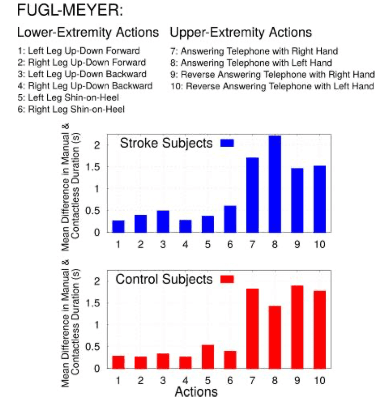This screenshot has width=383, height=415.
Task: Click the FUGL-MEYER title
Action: point(70,11)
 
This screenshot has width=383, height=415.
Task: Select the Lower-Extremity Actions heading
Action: point(88,32)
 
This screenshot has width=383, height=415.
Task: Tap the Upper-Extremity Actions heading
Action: point(241,32)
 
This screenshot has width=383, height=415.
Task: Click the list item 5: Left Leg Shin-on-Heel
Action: point(68,98)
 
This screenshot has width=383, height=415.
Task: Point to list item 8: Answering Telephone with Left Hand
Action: point(251,63)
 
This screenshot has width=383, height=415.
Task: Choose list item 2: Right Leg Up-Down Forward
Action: point(82,62)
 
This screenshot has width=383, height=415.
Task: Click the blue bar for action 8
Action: point(275,184)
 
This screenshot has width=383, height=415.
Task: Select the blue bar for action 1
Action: point(118,227)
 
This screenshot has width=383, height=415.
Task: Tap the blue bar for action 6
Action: point(230,219)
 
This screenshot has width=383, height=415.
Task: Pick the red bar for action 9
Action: point(297,327)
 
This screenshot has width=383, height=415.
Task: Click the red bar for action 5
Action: point(208,357)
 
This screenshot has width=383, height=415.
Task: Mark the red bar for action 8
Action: point(275,337)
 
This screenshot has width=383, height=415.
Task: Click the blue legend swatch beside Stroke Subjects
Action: point(227,143)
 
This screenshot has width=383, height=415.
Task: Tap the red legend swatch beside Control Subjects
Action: point(227,279)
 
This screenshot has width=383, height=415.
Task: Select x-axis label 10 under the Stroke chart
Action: point(319,244)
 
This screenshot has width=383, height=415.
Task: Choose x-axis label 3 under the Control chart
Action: point(163,380)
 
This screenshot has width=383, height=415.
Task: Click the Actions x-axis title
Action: point(196,392)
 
